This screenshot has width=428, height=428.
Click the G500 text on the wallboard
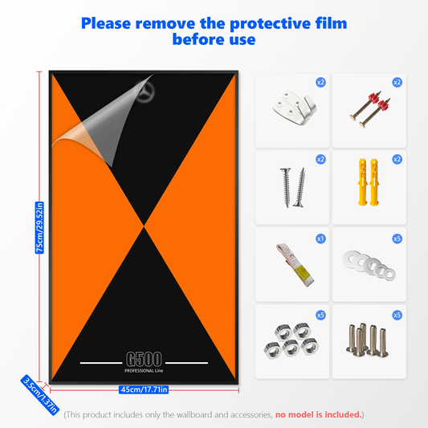tap(144, 359)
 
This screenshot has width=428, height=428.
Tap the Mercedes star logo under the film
tap(145, 92)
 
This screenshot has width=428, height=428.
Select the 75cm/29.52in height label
tap(39, 227)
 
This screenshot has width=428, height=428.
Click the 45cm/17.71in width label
tap(144, 389)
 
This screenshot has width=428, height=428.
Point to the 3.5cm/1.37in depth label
tap(40, 395)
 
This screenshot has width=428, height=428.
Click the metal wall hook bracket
tap(294, 108)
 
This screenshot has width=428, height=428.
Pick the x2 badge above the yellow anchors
tap(397, 159)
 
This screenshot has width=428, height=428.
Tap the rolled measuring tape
tap(295, 265)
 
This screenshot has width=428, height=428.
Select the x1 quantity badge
tap(320, 238)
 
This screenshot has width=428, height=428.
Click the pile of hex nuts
tap(291, 340)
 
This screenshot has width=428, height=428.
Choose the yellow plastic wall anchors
tap(369, 181)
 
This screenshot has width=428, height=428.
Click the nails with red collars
tap(370, 109)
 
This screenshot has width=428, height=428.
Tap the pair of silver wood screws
tap(292, 188)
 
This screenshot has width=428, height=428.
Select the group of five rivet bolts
tap(368, 340)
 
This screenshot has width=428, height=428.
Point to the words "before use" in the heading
tap(214, 39)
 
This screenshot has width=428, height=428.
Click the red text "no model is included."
tap(318, 414)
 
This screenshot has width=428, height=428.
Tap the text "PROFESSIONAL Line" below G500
tap(144, 371)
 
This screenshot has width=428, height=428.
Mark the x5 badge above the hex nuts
tap(320, 316)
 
